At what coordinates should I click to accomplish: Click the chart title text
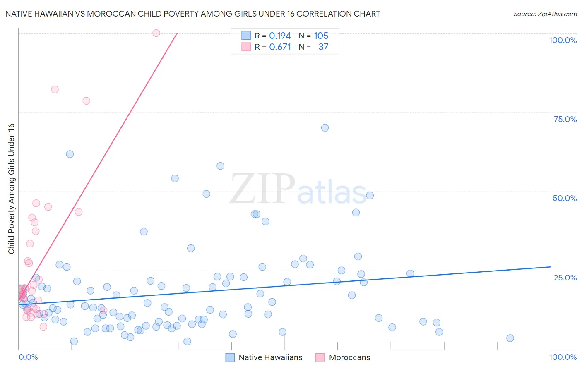pyautogui.click(x=192, y=14)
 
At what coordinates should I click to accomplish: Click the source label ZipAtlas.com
pyautogui.click(x=545, y=14)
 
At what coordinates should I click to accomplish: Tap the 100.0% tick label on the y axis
pyautogui.click(x=563, y=40)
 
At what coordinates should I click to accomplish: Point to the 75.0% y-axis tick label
pyautogui.click(x=565, y=119)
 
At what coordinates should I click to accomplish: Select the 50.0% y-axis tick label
pyautogui.click(x=565, y=198)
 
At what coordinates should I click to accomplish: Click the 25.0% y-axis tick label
pyautogui.click(x=565, y=278)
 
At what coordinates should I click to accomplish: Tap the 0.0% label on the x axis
pyautogui.click(x=28, y=357)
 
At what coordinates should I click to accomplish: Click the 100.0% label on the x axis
pyautogui.click(x=563, y=357)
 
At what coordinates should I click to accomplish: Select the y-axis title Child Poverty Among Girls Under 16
pyautogui.click(x=11, y=189)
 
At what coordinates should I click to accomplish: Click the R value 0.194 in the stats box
pyautogui.click(x=280, y=36)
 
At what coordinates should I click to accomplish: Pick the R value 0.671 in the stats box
pyautogui.click(x=280, y=47)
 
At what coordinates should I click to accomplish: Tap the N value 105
pyautogui.click(x=321, y=36)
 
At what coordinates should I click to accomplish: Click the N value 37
pyautogui.click(x=323, y=47)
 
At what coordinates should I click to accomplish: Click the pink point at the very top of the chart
pyautogui.click(x=156, y=33)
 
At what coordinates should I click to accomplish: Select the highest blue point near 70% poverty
pyautogui.click(x=325, y=128)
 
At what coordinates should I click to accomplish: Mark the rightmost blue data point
pyautogui.click(x=510, y=338)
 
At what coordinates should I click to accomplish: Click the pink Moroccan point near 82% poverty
pyautogui.click(x=55, y=89)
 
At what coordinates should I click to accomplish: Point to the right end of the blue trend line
pyautogui.click(x=551, y=267)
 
